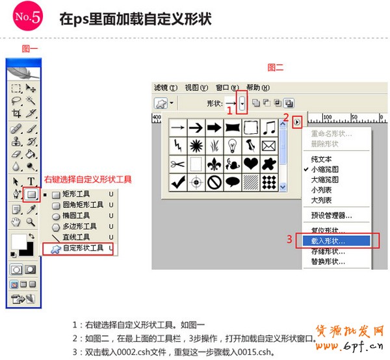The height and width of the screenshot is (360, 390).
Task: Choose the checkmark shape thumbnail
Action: coord(177,183)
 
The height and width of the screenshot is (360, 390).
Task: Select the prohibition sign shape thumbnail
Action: coord(214,183)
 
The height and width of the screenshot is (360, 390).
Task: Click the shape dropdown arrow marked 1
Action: coord(242,103)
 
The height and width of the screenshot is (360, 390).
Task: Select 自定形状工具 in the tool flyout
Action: coord(82,248)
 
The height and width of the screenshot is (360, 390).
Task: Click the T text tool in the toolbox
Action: coord(31,181)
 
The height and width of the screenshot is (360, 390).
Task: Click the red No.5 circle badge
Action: coord(28,18)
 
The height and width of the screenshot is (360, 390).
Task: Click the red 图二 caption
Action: coord(276,67)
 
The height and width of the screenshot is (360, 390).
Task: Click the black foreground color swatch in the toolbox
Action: coord(27,249)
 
